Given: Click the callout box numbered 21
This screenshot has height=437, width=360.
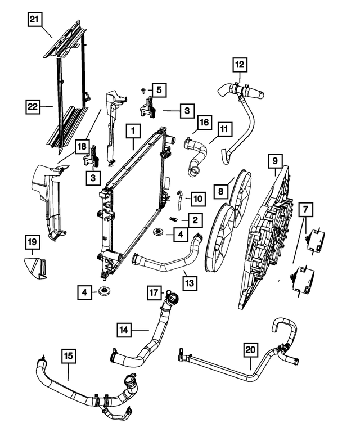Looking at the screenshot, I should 35,20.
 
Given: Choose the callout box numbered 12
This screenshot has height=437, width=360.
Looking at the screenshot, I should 240,65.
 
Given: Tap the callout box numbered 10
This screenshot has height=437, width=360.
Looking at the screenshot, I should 197,199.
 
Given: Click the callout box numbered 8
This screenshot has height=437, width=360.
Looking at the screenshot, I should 220,192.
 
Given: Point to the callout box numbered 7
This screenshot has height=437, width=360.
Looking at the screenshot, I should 305,210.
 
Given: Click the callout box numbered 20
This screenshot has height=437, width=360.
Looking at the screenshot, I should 251,350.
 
